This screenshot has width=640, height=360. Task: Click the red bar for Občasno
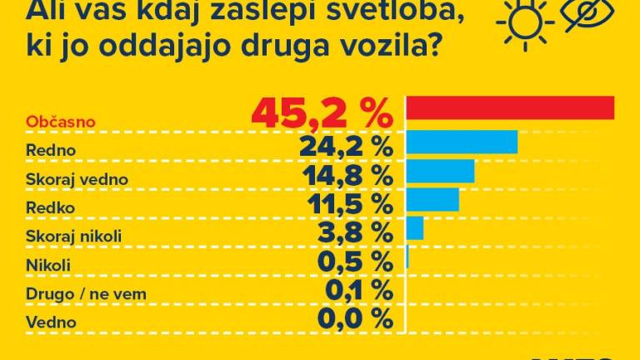(x=510, y=108)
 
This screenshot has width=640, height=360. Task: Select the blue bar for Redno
(x=462, y=142)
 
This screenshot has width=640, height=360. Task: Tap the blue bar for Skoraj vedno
(x=440, y=171)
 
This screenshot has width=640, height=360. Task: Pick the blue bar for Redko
(x=432, y=199)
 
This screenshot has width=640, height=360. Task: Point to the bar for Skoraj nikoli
(x=414, y=227)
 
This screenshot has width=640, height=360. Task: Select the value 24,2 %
(x=344, y=147)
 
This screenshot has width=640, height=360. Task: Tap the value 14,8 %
(x=344, y=176)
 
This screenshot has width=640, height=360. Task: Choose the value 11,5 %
(x=345, y=204)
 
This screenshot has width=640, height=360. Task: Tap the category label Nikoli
(x=48, y=265)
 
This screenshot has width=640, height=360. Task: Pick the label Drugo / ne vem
(x=74, y=293)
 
